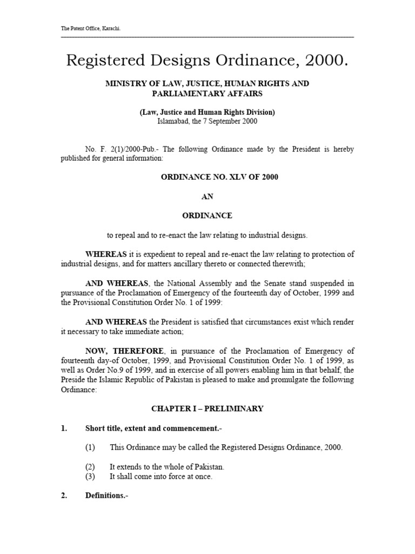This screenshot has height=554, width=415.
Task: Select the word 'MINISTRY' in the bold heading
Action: [x=125, y=84]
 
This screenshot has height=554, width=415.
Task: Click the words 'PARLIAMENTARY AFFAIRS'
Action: [x=207, y=93]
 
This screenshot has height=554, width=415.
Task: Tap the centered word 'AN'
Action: [x=207, y=196]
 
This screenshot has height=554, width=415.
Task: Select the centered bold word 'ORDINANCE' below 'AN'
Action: [x=207, y=215]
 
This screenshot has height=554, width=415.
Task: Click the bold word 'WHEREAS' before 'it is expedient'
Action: [x=106, y=254]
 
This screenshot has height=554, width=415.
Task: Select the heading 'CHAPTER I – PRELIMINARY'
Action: [x=207, y=408]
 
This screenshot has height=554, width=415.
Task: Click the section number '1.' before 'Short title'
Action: [x=64, y=428]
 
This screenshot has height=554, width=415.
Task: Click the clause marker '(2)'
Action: [x=90, y=467]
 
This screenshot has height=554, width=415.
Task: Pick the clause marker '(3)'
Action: [x=90, y=477]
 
